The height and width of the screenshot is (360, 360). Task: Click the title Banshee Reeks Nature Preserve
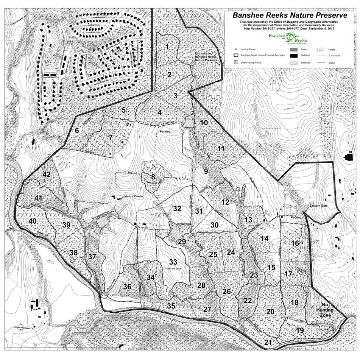pos(290,16)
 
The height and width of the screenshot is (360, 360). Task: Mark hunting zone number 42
pos(47,175)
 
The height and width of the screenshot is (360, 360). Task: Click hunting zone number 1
pos(167,47)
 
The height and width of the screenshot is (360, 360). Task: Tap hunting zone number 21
pos(268,343)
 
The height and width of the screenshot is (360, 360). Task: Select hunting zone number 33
pos(173,262)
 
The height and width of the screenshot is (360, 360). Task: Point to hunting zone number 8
pos(153,176)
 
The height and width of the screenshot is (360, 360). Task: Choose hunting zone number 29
pos(182,242)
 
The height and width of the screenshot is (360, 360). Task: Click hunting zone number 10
pos(204,123)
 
